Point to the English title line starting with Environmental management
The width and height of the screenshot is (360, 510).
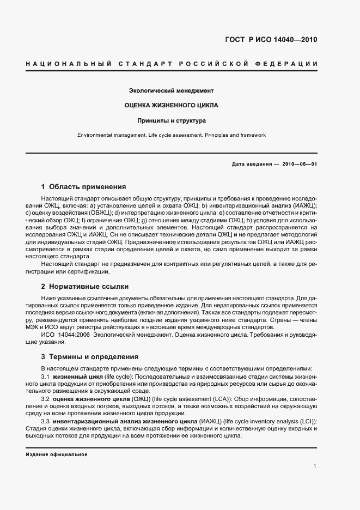pyautogui.click(x=171, y=135)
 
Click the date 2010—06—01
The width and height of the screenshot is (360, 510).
pyautogui.click(x=299, y=164)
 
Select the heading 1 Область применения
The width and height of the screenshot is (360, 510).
pyautogui.click(x=83, y=186)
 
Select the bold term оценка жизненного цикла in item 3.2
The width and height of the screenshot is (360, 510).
pyautogui.click(x=91, y=399)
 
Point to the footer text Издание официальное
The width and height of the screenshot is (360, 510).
pyautogui.click(x=56, y=454)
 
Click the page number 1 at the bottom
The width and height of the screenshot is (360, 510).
pyautogui.click(x=315, y=465)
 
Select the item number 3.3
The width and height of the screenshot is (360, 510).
pyautogui.click(x=46, y=422)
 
